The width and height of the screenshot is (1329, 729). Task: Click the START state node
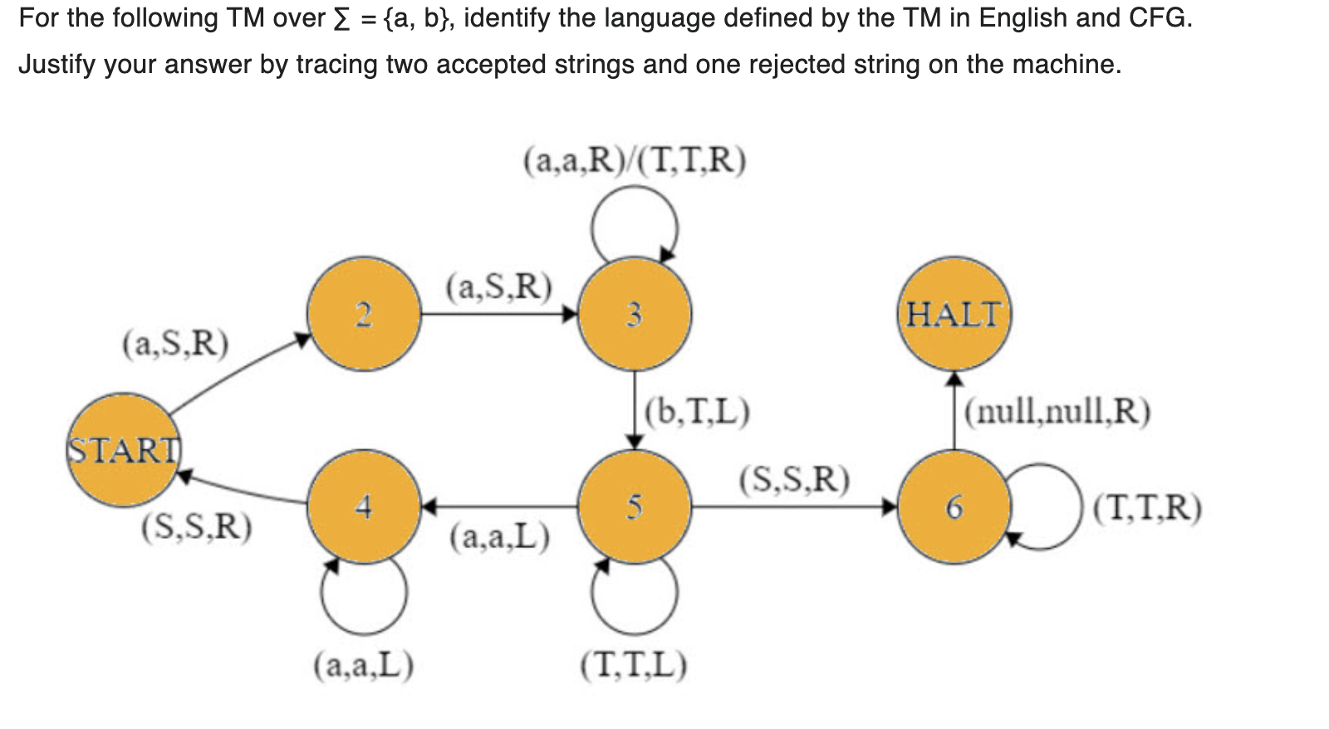click(x=123, y=449)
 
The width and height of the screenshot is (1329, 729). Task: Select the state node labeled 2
click(x=363, y=314)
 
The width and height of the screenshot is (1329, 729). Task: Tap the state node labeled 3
click(x=634, y=314)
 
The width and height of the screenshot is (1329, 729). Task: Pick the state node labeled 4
click(x=363, y=506)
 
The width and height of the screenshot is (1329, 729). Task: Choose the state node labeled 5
click(x=634, y=506)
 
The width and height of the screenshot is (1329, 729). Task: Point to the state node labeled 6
click(x=954, y=506)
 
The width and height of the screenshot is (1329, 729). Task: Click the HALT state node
click(x=954, y=314)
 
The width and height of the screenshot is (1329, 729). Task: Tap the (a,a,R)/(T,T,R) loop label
click(x=635, y=160)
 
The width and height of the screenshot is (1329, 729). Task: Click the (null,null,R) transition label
click(x=1057, y=411)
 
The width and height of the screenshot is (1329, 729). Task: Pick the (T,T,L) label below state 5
click(x=634, y=664)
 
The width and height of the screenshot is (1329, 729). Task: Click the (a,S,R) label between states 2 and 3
click(x=498, y=287)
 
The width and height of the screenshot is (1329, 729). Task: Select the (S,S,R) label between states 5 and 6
click(x=794, y=479)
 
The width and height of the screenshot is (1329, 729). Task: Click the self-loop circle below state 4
click(x=364, y=594)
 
